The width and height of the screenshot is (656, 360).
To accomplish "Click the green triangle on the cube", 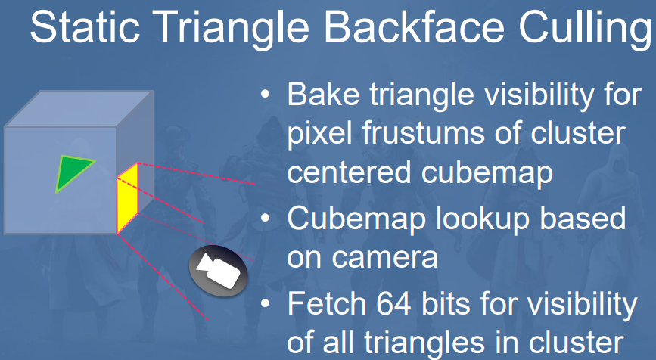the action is click(72, 171).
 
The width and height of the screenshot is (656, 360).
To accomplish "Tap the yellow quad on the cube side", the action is click(128, 198).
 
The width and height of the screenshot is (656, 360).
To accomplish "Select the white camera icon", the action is click(218, 271).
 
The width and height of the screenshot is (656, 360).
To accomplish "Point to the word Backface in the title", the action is click(415, 27).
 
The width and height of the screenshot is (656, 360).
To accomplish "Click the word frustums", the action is click(424, 133).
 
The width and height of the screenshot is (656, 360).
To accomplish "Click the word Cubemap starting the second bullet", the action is click(357, 219).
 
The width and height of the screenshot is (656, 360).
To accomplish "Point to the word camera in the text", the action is click(384, 259).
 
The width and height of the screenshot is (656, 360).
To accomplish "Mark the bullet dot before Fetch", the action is click(266, 303).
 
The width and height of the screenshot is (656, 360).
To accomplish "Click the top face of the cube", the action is click(79, 108).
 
